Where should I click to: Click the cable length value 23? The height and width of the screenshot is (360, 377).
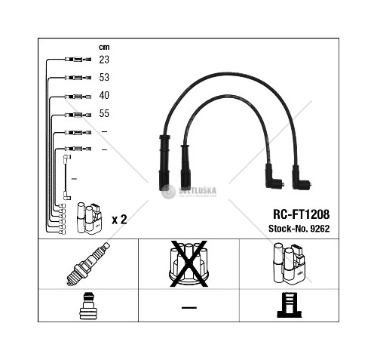(x=104, y=60)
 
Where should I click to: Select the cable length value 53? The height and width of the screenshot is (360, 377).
(x=104, y=77)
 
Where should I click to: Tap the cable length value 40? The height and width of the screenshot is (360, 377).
(x=104, y=95)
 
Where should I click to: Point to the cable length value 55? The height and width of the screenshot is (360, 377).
(x=104, y=113)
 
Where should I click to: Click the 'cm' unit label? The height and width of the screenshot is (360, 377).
(x=104, y=47)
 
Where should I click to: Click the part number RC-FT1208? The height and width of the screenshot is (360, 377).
(x=301, y=214)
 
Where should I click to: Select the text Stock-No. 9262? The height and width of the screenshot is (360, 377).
(x=299, y=229)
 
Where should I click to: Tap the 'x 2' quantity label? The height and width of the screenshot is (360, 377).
(x=119, y=220)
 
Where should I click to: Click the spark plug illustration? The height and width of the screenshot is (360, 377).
(x=88, y=264)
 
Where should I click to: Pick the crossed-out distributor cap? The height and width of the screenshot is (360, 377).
(x=188, y=263)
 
